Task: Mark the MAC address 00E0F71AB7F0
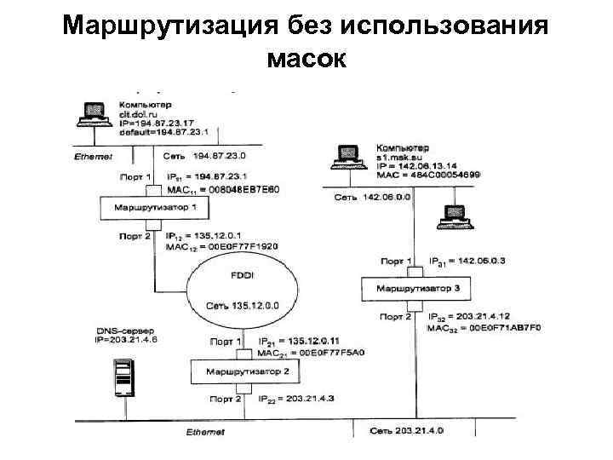coord(490,327)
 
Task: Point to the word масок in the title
coord(306,59)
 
